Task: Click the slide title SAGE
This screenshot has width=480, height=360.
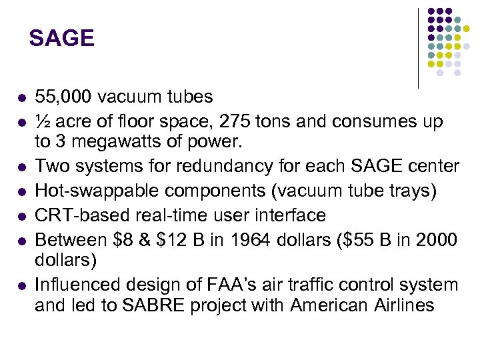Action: (x=61, y=38)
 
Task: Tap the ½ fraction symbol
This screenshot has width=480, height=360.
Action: (x=41, y=122)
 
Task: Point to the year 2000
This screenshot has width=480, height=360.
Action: (x=439, y=239)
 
